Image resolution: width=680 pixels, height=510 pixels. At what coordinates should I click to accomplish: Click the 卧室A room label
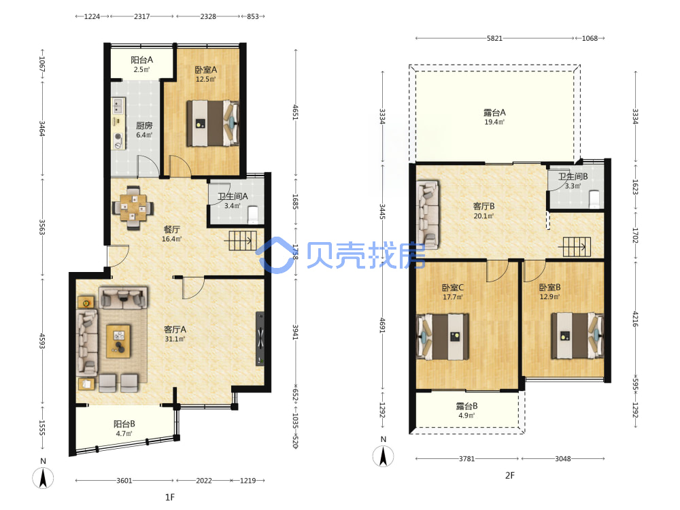click(x=205, y=69)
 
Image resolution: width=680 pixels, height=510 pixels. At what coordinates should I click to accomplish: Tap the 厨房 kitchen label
click(x=144, y=126)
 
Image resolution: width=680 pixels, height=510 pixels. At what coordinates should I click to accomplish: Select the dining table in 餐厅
click(x=133, y=207)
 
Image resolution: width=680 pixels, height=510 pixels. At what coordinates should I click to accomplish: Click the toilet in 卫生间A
click(x=253, y=214)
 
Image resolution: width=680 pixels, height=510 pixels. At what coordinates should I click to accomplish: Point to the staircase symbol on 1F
click(x=241, y=241)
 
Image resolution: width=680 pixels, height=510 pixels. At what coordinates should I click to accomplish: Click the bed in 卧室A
click(x=213, y=123)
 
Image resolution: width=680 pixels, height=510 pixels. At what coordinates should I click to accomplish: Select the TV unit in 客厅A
click(x=260, y=339)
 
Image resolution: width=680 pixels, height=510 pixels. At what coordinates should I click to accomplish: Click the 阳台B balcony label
click(x=124, y=424)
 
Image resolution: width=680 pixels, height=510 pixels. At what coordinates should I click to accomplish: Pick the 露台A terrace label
click(x=494, y=112)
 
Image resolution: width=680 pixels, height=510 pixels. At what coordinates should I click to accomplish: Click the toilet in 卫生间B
click(x=594, y=199)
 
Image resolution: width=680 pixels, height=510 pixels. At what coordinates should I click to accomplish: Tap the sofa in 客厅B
click(x=428, y=215)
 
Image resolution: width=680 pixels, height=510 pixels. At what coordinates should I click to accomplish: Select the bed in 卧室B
click(x=577, y=335)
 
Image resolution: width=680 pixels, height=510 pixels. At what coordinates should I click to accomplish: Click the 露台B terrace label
click(x=466, y=406)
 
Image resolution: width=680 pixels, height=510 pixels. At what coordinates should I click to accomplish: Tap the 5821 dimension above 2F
click(x=494, y=38)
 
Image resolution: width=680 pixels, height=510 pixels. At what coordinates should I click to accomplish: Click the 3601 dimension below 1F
click(x=124, y=481)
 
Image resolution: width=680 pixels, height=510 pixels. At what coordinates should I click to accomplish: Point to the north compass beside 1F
click(x=43, y=478)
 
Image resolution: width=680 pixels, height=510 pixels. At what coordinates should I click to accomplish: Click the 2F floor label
click(x=510, y=475)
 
